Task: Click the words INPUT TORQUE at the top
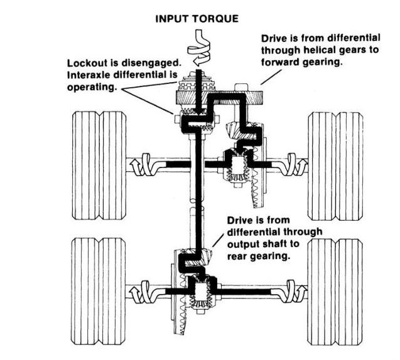click(x=197, y=19)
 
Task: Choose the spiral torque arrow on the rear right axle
click(x=296, y=292)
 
